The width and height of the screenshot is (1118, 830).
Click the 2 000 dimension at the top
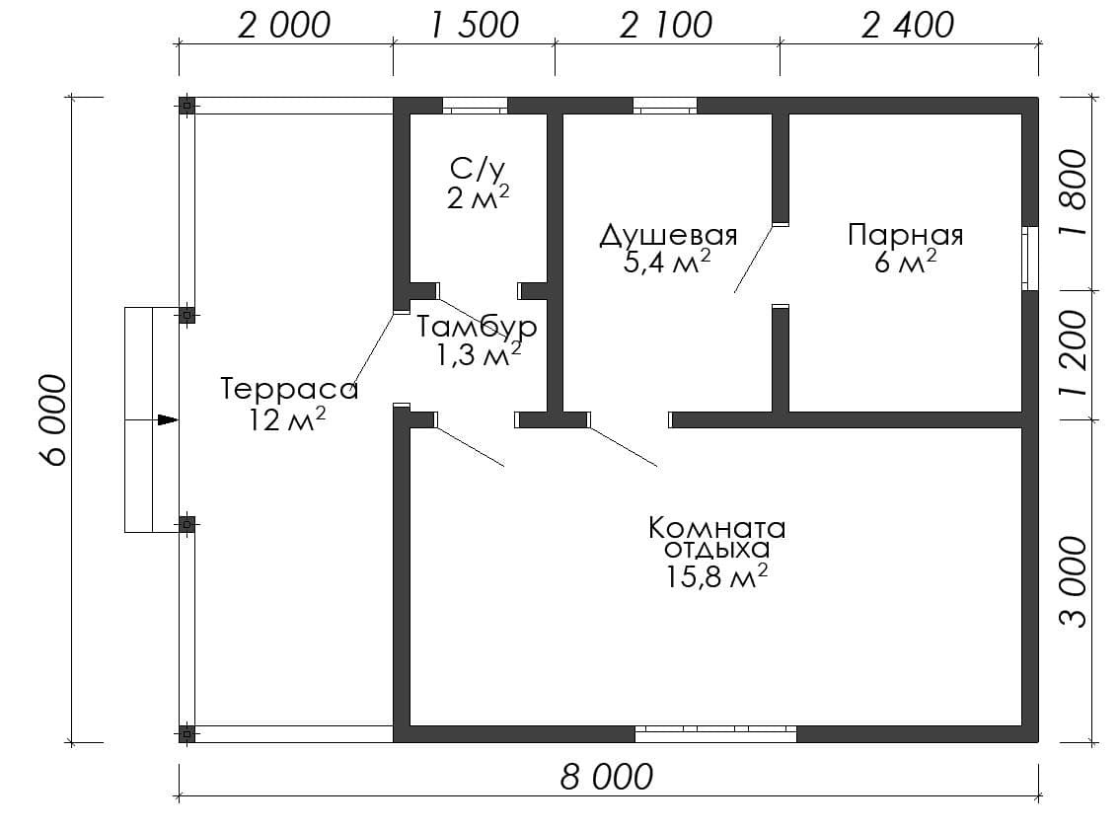pyautogui.click(x=284, y=26)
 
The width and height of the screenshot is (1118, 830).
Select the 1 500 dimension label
pyautogui.click(x=475, y=26)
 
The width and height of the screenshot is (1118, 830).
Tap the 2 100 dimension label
pyautogui.click(x=666, y=26)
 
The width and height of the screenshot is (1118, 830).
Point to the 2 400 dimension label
pyautogui.click(x=907, y=26)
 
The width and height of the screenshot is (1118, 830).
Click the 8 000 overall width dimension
pyautogui.click(x=607, y=777)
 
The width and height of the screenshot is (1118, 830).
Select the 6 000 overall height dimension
pyautogui.click(x=54, y=420)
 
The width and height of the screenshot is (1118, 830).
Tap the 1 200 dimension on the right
pyautogui.click(x=1074, y=353)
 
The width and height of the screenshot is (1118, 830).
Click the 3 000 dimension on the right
pyautogui.click(x=1074, y=582)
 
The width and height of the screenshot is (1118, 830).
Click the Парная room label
pyautogui.click(x=906, y=235)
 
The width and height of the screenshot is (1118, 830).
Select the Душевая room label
pyautogui.click(x=668, y=235)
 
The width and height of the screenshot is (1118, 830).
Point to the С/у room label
pyautogui.click(x=477, y=170)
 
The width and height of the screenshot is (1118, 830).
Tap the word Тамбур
pyautogui.click(x=477, y=327)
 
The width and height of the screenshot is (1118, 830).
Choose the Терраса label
pyautogui.click(x=289, y=389)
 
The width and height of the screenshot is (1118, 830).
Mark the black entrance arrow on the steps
pyautogui.click(x=168, y=420)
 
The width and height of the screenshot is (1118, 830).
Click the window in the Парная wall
pyautogui.click(x=1029, y=259)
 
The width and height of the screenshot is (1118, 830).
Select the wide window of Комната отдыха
pyautogui.click(x=715, y=733)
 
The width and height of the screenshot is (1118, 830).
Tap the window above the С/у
pyautogui.click(x=475, y=106)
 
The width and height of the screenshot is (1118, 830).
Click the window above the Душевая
pyautogui.click(x=665, y=106)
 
